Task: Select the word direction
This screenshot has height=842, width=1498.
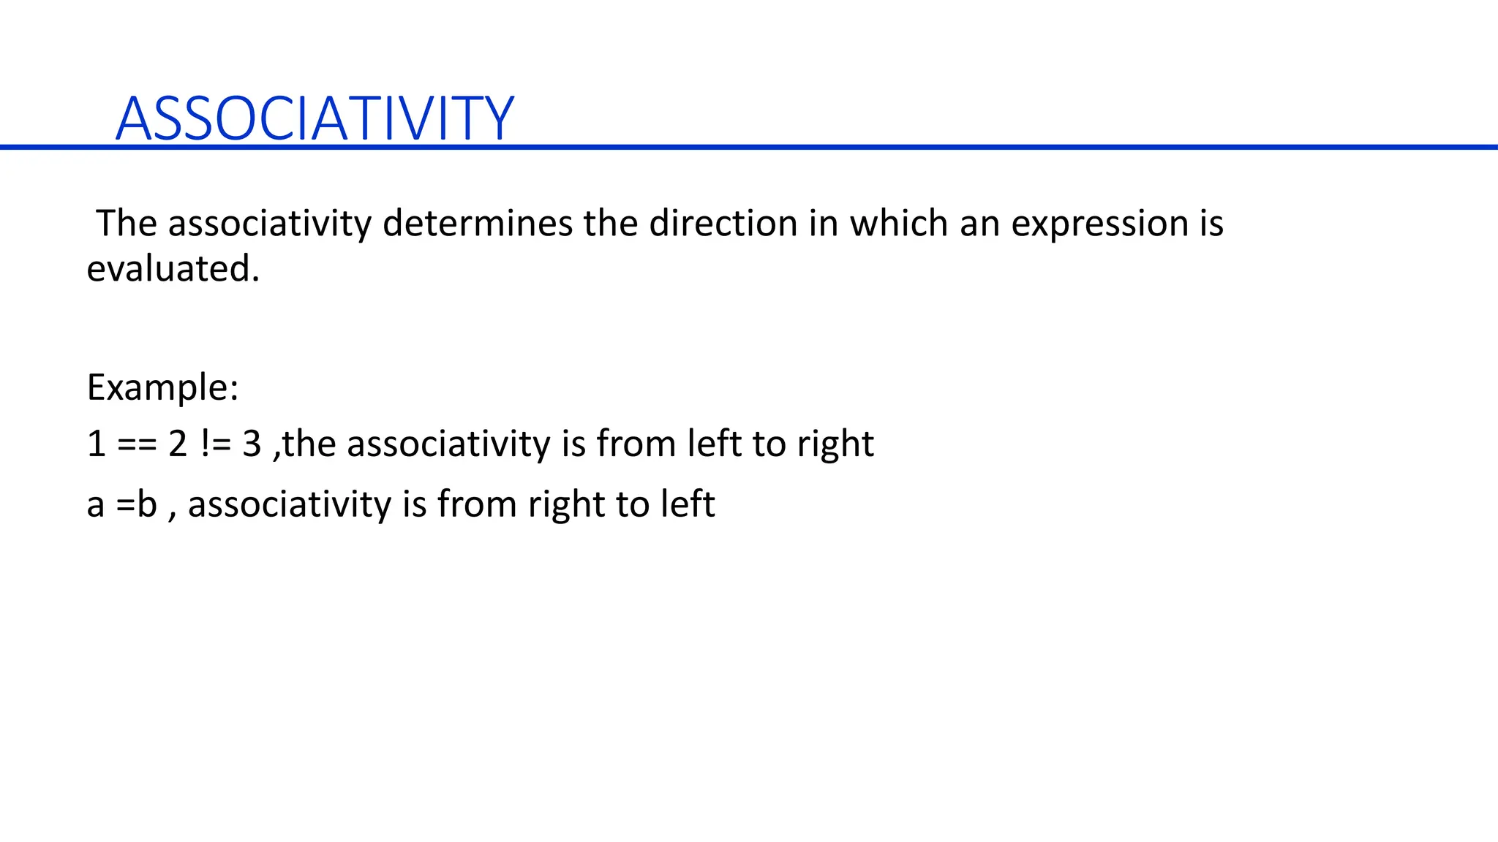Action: (723, 223)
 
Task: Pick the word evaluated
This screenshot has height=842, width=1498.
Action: (173, 269)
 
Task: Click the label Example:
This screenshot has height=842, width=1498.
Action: (162, 387)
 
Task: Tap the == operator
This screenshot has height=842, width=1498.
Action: (137, 444)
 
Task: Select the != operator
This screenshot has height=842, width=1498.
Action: (215, 444)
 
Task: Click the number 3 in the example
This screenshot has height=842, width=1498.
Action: (252, 444)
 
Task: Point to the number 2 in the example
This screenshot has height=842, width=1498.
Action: (178, 444)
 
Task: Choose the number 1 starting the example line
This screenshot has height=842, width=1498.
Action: (96, 444)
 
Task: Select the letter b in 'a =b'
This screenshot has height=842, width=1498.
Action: (148, 504)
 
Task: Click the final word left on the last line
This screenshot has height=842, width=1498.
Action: (688, 504)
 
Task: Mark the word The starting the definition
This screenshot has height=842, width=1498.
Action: (127, 223)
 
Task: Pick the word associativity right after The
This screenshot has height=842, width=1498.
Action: (270, 223)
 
